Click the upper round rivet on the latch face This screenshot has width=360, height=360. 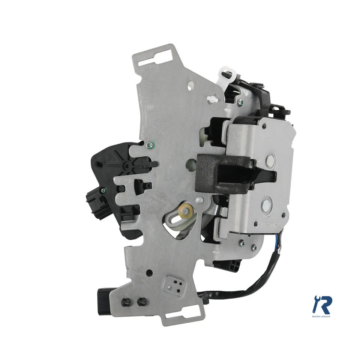pyautogui.click(x=270, y=161)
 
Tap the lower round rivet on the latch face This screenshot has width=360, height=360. pyautogui.click(x=267, y=205)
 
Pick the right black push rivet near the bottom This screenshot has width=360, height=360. pyautogui.click(x=142, y=301)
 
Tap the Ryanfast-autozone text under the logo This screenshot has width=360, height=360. pyautogui.click(x=321, y=317)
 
